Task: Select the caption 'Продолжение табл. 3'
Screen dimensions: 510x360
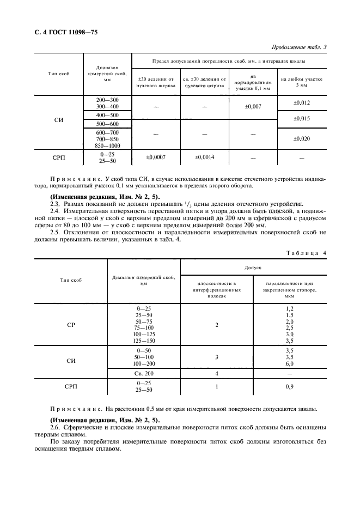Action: (298, 47)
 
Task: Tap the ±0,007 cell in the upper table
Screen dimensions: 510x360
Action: (253, 106)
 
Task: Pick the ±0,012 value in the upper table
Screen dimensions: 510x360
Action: (301, 102)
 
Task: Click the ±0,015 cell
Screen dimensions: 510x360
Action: (301, 118)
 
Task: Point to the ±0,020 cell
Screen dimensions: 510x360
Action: (301, 138)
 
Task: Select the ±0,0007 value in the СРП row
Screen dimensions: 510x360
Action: (156, 157)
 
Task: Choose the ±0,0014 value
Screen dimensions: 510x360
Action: (204, 157)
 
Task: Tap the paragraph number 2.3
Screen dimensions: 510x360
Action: (55, 202)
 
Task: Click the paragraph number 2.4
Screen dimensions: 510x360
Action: (55, 209)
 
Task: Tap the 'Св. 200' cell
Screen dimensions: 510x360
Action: (144, 373)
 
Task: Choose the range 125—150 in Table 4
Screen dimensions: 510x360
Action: (144, 340)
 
